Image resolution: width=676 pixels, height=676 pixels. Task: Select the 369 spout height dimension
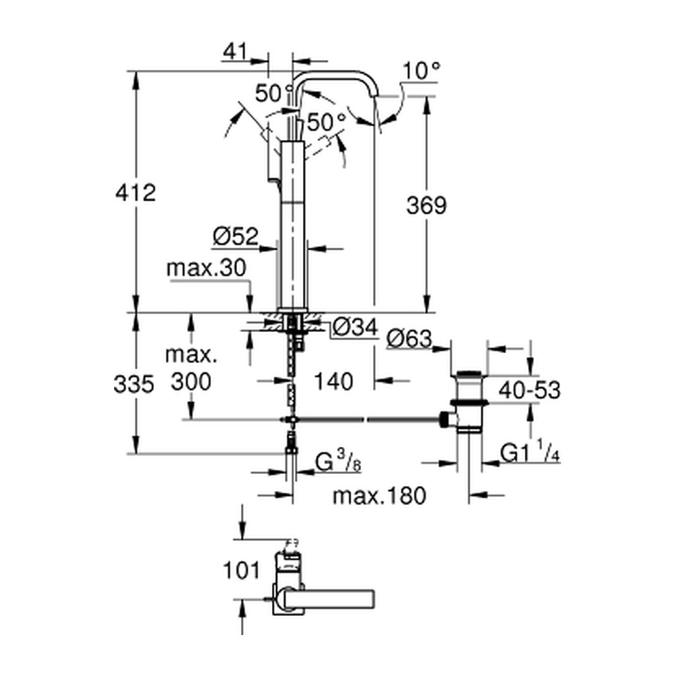[x=426, y=205]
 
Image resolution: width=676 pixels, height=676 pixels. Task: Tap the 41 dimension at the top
[x=236, y=51]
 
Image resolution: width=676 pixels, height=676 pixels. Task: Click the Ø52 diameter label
[x=236, y=236]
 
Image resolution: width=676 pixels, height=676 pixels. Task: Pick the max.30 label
[x=206, y=268]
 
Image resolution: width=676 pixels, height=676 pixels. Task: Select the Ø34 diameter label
[x=356, y=327]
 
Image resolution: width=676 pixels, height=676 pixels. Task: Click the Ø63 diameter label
[x=409, y=339]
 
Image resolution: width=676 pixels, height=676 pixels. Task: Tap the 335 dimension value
[x=133, y=384]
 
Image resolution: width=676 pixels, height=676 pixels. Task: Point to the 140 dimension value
[x=333, y=381]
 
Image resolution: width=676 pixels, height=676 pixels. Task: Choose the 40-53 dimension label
[x=529, y=391]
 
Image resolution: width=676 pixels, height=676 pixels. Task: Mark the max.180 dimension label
[x=380, y=496]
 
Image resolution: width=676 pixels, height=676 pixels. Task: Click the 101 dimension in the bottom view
[x=242, y=570]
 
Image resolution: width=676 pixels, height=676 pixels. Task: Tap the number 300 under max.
[x=191, y=382]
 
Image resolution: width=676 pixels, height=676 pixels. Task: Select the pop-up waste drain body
[x=469, y=401]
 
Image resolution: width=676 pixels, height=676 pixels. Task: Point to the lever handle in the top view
[x=327, y=598]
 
